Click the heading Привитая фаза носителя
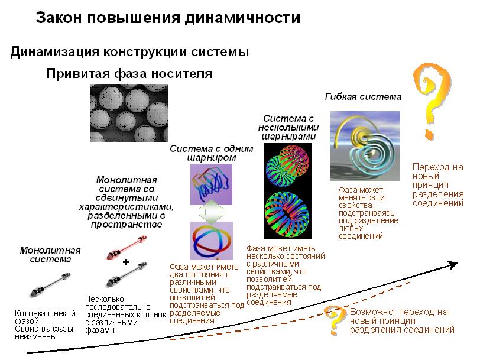pyautogui.click(x=129, y=73)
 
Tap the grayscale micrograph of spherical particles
pyautogui.click(x=129, y=113)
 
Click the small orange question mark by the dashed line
pyautogui.click(x=335, y=320)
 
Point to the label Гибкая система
pyautogui.click(x=363, y=97)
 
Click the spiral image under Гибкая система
pyautogui.click(x=364, y=145)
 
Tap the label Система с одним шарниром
pyautogui.click(x=212, y=153)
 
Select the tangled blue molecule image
pyautogui.click(x=211, y=184)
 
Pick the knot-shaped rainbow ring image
pyautogui.click(x=211, y=241)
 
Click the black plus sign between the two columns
pyautogui.click(x=126, y=262)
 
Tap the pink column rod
pyautogui.click(x=127, y=247)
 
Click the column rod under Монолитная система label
pyautogui.click(x=50, y=284)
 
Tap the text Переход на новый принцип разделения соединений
pyautogui.click(x=438, y=185)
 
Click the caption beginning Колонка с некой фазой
pyautogui.click(x=45, y=325)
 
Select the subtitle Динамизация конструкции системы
pyautogui.click(x=129, y=51)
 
